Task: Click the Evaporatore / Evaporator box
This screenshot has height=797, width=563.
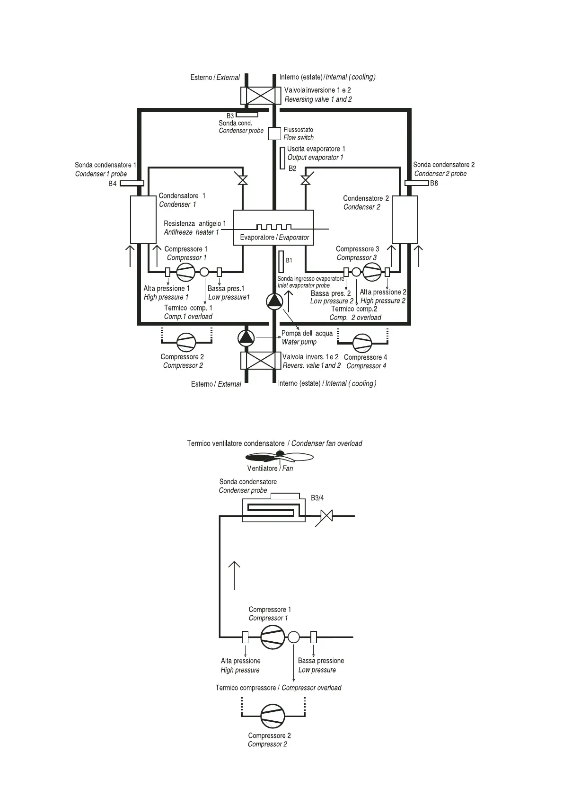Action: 274,228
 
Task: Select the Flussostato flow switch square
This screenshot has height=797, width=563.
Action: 274,133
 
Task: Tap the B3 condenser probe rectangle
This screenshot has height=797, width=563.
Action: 247,115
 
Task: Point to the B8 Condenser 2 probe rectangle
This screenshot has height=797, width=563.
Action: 417,183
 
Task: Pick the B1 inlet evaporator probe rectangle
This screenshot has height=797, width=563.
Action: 281,261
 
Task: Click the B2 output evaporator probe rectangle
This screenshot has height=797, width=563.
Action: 282,158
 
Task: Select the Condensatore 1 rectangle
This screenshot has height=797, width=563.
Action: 143,220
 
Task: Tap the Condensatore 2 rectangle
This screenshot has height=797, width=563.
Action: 405,220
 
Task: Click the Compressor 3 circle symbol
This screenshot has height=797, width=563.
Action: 372,272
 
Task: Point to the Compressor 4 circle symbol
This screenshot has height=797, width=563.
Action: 363,343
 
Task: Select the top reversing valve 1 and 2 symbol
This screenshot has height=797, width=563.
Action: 258,96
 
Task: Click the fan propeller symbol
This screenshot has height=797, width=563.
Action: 280,456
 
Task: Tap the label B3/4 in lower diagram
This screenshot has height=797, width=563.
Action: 317,498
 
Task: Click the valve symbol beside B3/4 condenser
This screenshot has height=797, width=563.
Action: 326,515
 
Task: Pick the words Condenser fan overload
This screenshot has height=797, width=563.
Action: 326,443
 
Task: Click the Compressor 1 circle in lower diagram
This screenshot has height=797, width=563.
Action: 273,637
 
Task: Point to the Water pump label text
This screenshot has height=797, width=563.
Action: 299,342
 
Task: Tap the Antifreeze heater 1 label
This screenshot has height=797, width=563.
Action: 192,232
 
